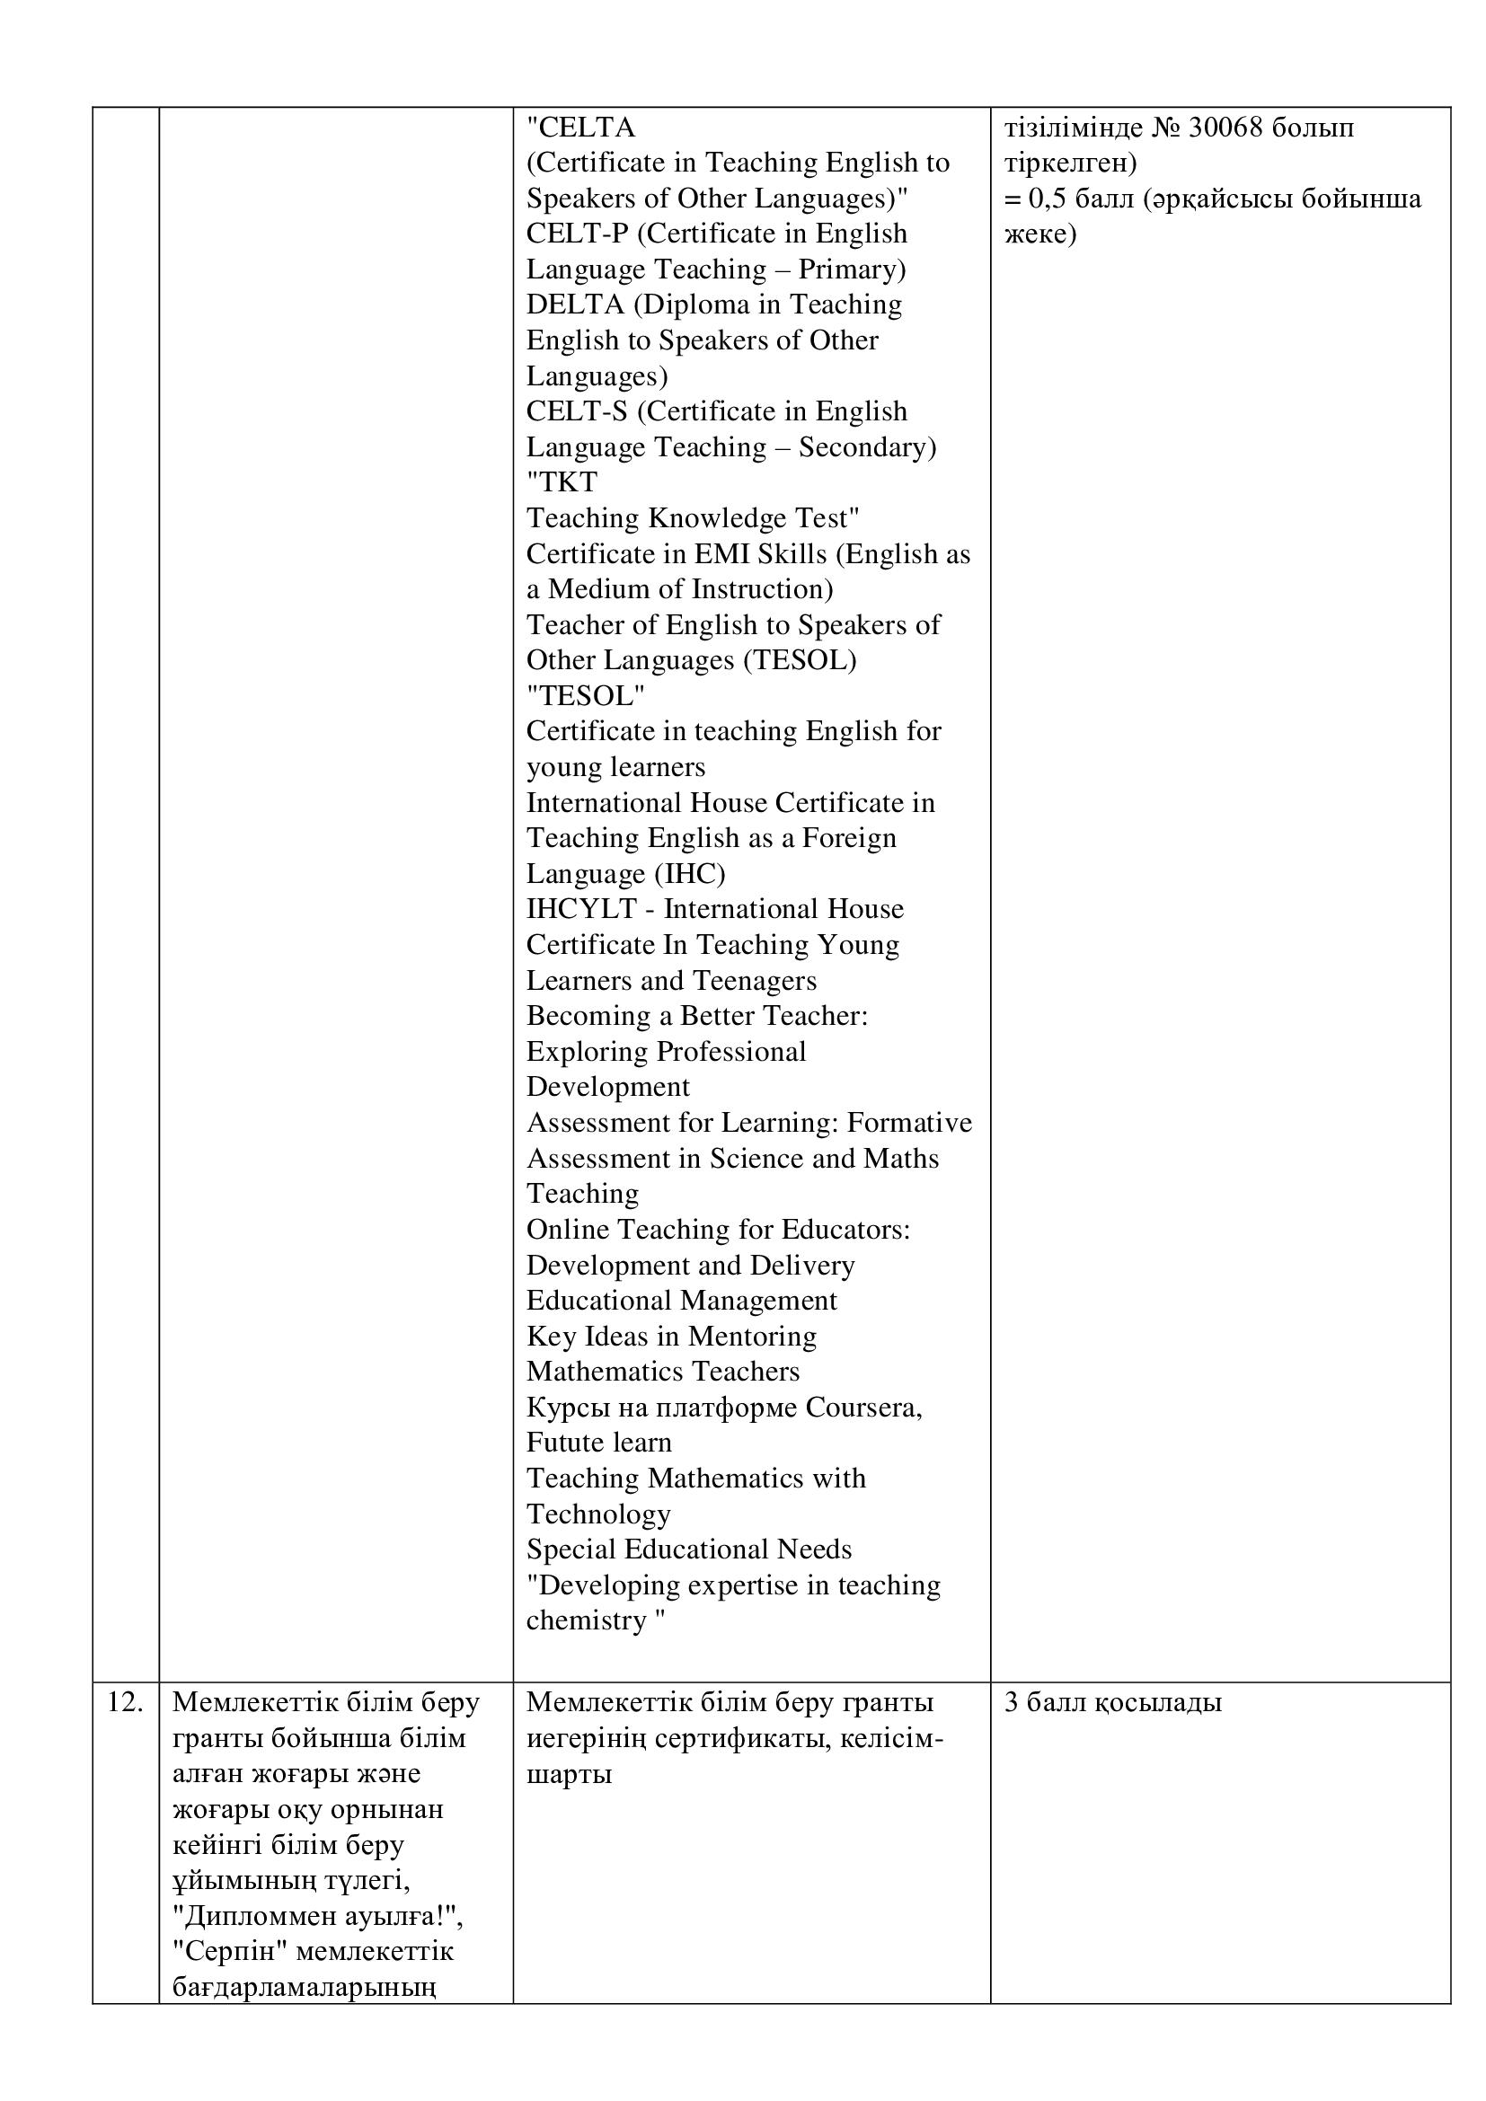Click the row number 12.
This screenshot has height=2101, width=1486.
click(x=126, y=1702)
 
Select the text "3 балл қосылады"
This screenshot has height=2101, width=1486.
click(x=1112, y=1702)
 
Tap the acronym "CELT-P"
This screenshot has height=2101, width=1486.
click(x=578, y=234)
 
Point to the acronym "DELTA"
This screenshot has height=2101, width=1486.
click(x=575, y=304)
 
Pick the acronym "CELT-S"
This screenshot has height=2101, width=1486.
click(x=578, y=410)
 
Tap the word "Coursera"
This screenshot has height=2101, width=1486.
click(x=862, y=1407)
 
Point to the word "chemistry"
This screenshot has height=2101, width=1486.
click(x=587, y=1620)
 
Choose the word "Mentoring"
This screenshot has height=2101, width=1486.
click(x=752, y=1336)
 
